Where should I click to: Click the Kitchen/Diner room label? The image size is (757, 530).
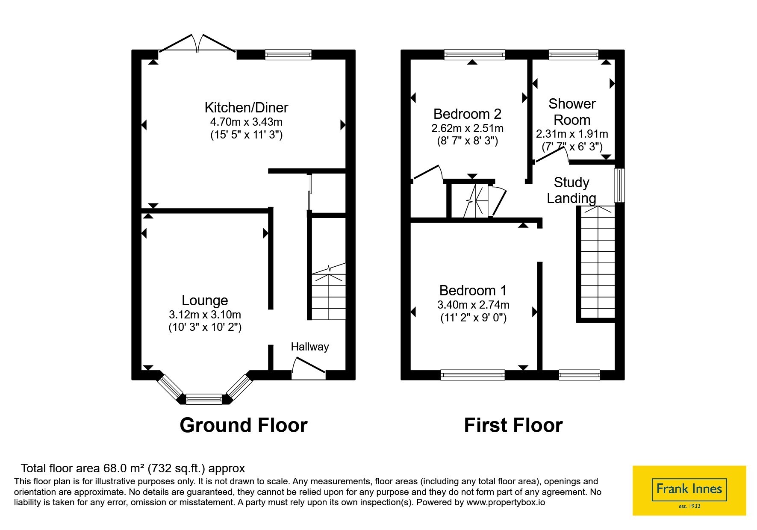pyautogui.click(x=246, y=108)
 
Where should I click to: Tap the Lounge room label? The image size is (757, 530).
pyautogui.click(x=205, y=300)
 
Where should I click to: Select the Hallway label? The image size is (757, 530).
pyautogui.click(x=310, y=347)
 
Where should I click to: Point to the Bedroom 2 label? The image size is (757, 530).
pyautogui.click(x=467, y=114)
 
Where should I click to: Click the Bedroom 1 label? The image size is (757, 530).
pyautogui.click(x=473, y=291)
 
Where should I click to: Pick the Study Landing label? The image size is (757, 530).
pyautogui.click(x=571, y=190)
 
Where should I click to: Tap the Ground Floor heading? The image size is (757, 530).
pyautogui.click(x=244, y=425)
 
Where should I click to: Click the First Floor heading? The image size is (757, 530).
pyautogui.click(x=513, y=425)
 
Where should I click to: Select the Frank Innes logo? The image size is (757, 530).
pyautogui.click(x=689, y=491)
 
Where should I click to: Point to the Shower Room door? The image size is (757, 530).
pyautogui.click(x=551, y=154)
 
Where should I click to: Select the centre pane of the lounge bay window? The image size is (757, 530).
pyautogui.click(x=204, y=399)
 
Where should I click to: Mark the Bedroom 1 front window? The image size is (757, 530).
pyautogui.click(x=473, y=375)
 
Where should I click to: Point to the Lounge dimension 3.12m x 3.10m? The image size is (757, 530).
pyautogui.click(x=205, y=315)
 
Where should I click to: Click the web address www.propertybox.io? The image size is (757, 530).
pyautogui.click(x=506, y=502)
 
